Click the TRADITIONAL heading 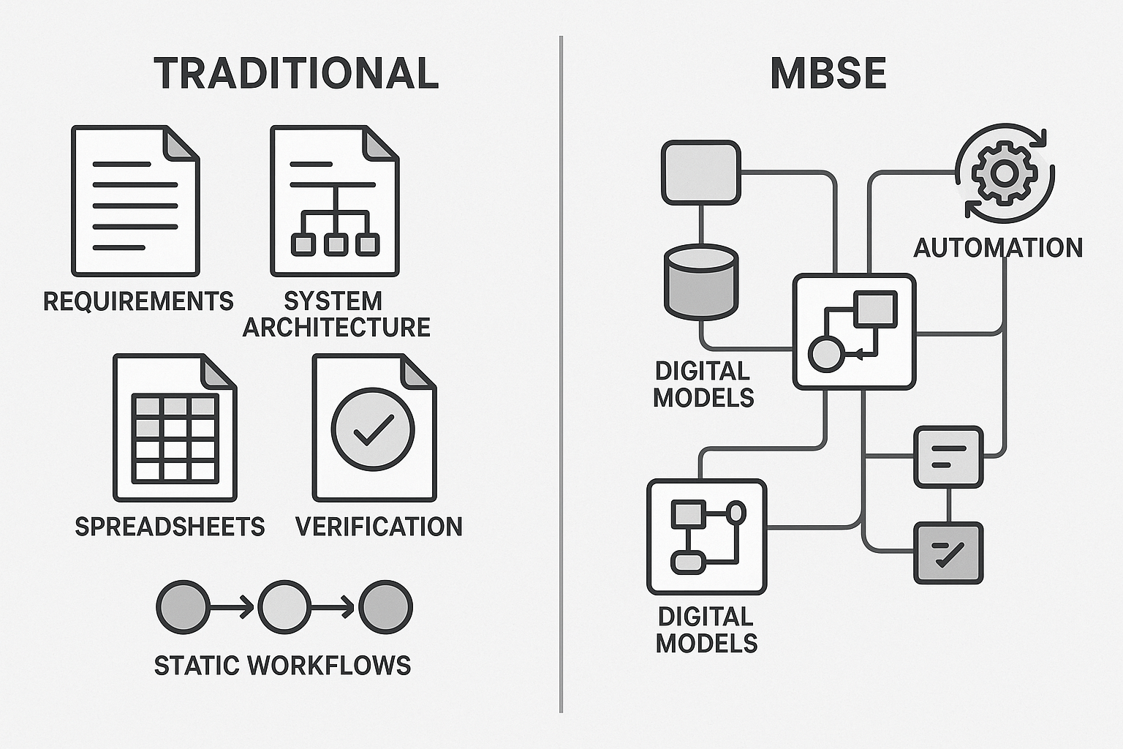(296, 73)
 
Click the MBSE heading (828, 73)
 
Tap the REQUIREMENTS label (138, 301)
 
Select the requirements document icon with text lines (135, 200)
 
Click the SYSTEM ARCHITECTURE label (336, 314)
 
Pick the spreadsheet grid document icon (175, 428)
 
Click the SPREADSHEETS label (170, 527)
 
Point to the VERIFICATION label (379, 527)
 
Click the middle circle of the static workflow (284, 607)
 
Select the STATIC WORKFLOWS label (282, 666)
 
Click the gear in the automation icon (1004, 173)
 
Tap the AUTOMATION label (998, 248)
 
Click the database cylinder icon (700, 282)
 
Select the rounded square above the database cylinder (700, 173)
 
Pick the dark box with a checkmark (948, 553)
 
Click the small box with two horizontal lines (948, 457)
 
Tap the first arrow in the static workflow (232, 607)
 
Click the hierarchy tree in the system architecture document (335, 219)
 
